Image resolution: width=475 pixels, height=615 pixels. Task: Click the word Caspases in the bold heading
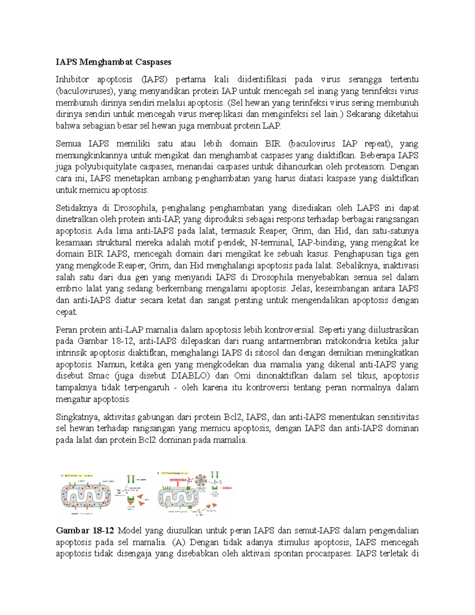click(x=153, y=62)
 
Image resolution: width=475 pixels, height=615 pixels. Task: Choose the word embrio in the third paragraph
click(x=66, y=289)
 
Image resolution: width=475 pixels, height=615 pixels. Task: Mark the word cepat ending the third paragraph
click(x=66, y=312)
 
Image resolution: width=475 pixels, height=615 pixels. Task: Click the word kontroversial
click(x=289, y=329)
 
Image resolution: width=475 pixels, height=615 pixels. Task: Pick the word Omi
click(x=242, y=376)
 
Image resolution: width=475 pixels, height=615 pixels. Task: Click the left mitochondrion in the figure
click(x=85, y=495)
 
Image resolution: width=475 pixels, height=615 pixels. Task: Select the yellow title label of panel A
click(x=79, y=474)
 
